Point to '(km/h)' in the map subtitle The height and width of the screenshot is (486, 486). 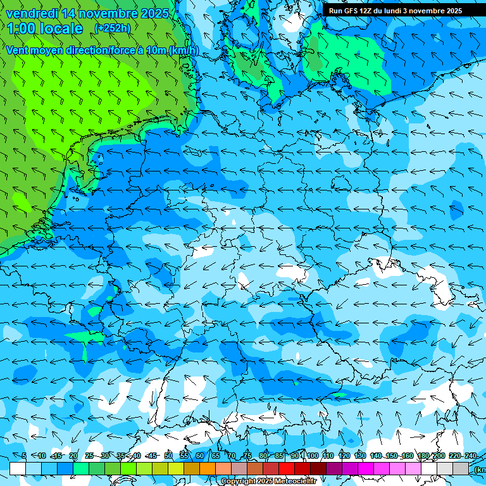click(x=184, y=50)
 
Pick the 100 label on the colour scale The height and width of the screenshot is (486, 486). click(x=313, y=456)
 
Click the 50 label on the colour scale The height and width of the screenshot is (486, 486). click(x=168, y=456)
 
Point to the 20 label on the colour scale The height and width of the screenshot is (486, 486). click(x=73, y=456)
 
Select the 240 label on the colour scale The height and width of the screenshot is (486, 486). click(x=470, y=456)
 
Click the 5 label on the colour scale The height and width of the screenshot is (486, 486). click(x=24, y=456)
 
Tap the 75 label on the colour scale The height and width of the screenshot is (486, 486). click(x=247, y=456)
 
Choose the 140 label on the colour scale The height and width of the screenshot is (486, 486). click(x=376, y=456)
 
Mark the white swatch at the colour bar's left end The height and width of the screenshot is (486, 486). click(x=18, y=468)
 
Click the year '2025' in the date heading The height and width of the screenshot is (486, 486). click(x=154, y=13)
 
